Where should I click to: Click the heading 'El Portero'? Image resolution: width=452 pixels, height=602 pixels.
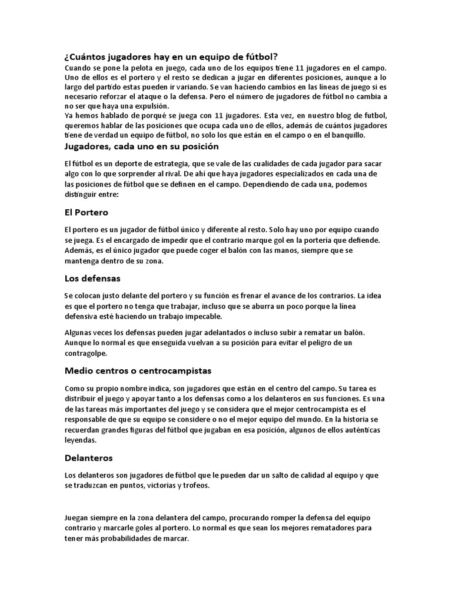pyautogui.click(x=87, y=212)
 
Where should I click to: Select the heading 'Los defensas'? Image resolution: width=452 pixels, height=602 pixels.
pyautogui.click(x=92, y=278)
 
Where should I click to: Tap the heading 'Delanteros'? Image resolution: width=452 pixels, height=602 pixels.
pyautogui.click(x=88, y=457)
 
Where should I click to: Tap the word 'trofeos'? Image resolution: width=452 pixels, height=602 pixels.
pyautogui.click(x=188, y=487)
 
